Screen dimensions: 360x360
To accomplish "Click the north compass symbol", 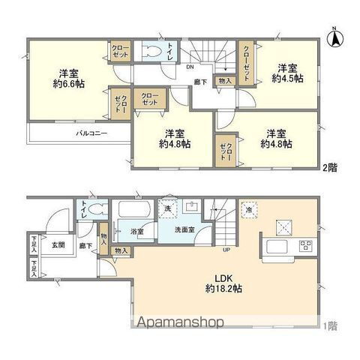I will click(x=337, y=35).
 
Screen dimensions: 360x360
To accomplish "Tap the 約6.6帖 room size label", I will click(x=70, y=85).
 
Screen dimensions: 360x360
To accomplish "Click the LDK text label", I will click(x=215, y=276).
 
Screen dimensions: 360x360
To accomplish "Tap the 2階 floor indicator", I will click(x=328, y=167).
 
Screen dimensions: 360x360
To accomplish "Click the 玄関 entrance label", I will click(x=58, y=244).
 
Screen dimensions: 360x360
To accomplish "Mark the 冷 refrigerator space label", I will click(x=249, y=211).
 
